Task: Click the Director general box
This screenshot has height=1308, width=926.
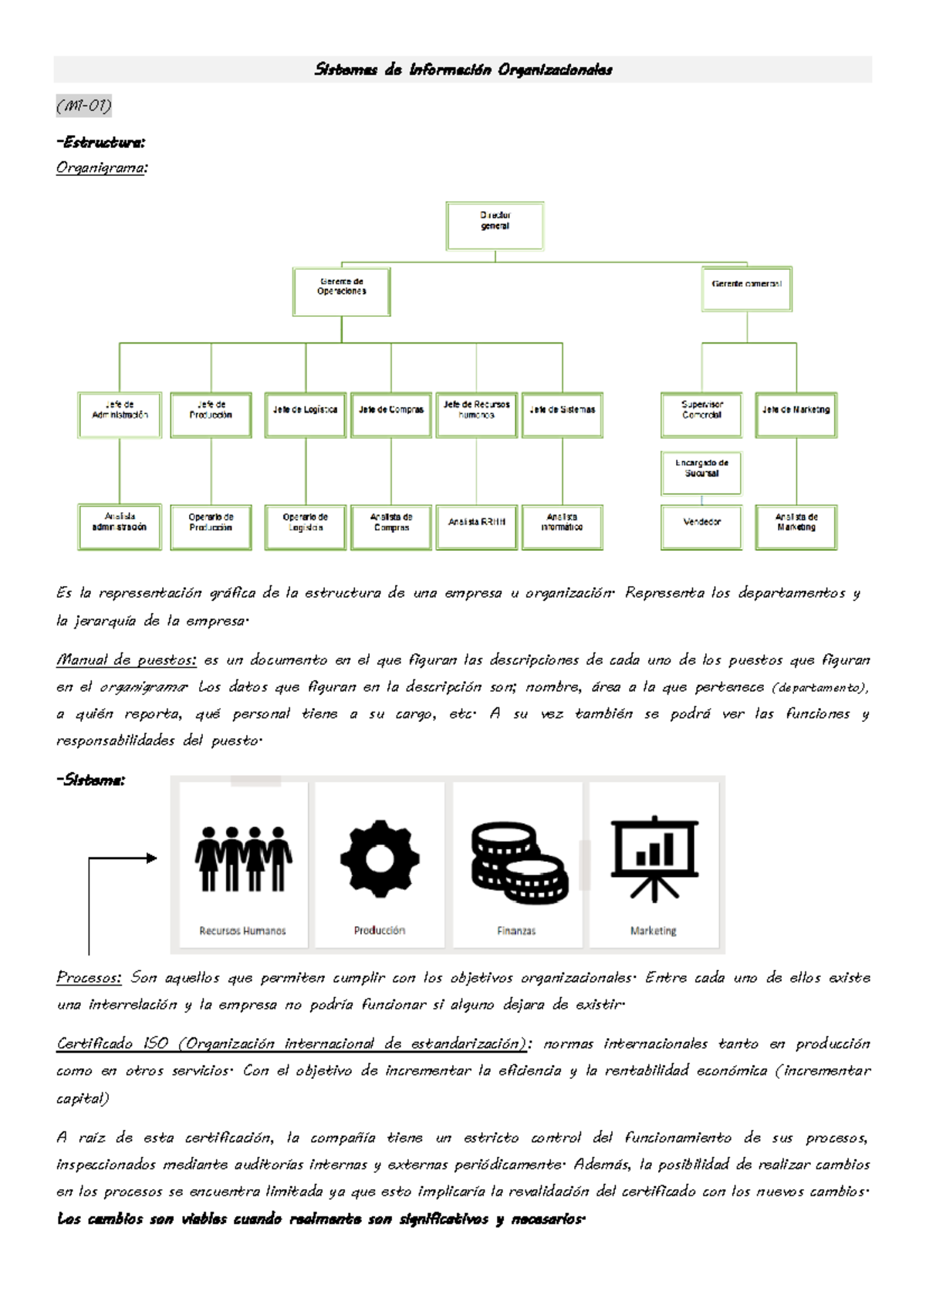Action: coord(495,226)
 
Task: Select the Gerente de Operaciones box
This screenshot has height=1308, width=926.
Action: coord(341,292)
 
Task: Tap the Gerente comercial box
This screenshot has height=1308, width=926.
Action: coord(746,288)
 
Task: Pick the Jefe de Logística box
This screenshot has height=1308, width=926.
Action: coord(305,415)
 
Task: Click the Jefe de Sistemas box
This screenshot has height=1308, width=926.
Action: coord(562,415)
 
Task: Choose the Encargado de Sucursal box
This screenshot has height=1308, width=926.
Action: coord(701,473)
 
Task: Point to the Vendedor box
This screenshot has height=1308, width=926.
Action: coord(701,527)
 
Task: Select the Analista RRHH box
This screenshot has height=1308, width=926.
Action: coord(476,527)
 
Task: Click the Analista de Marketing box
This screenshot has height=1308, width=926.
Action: coord(796,527)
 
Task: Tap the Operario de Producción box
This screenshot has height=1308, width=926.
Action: coord(211,527)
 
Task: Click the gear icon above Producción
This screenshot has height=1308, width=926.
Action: coord(380,858)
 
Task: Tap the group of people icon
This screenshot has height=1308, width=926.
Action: coord(243,858)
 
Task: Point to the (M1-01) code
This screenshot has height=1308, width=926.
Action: coord(83,105)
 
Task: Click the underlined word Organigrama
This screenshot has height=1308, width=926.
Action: coord(101,167)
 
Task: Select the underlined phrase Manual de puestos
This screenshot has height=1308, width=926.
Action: coord(126,660)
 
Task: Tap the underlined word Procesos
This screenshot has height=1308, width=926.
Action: coord(89,978)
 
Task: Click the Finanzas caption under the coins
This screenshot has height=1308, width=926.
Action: coord(516,931)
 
